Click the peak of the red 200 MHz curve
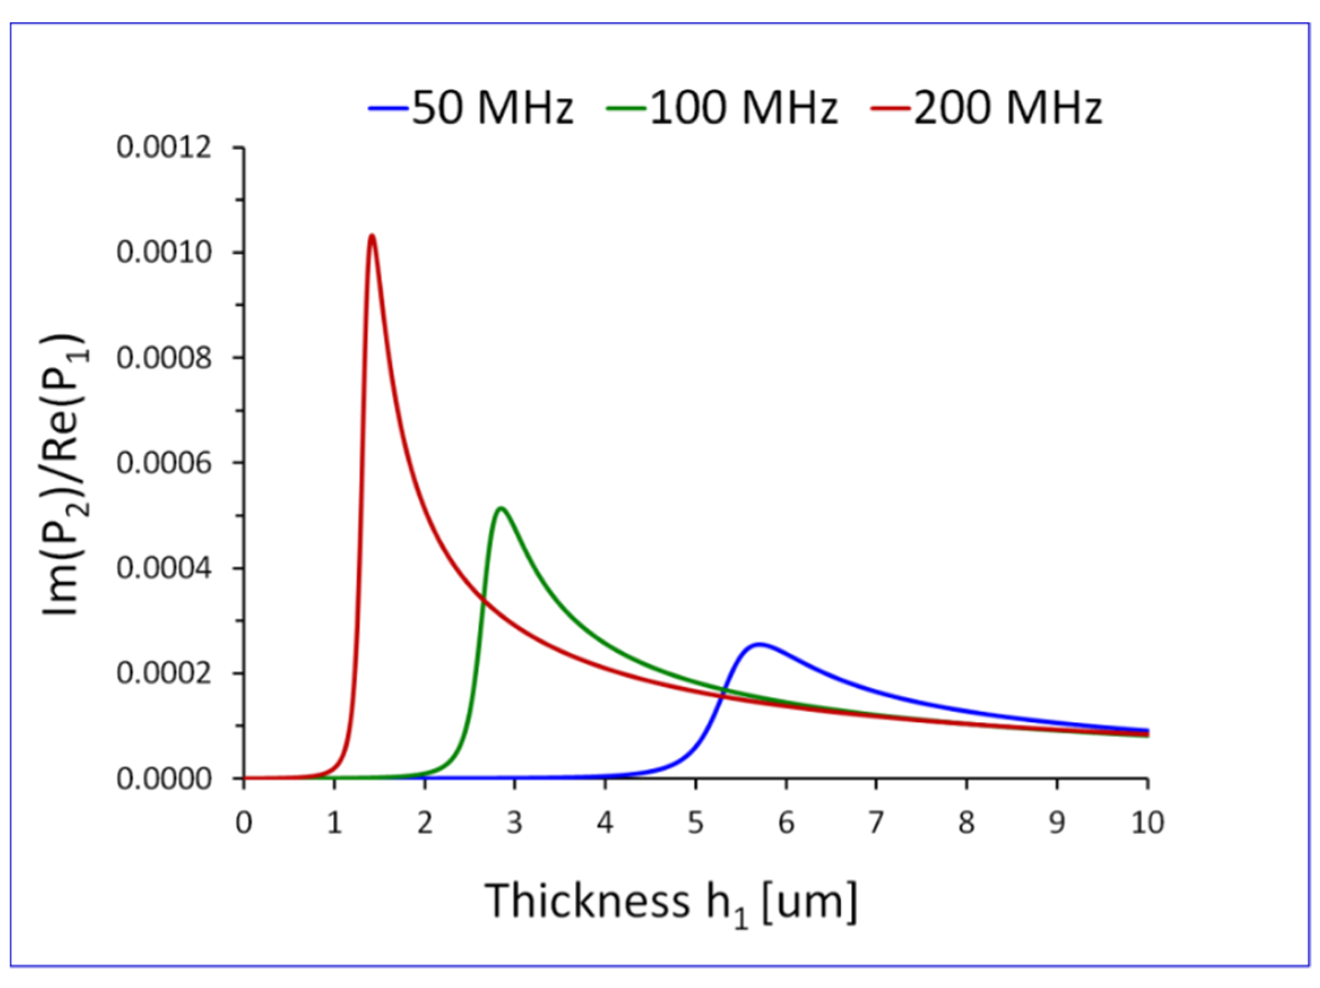tap(372, 236)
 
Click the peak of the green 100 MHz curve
tap(501, 508)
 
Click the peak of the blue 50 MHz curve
tap(759, 644)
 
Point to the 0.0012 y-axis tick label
tap(164, 147)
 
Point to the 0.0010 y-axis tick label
tap(164, 252)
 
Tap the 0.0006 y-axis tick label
tap(164, 463)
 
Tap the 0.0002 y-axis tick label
tap(164, 674)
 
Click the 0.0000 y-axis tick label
tap(164, 779)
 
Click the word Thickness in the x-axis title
tap(587, 901)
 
